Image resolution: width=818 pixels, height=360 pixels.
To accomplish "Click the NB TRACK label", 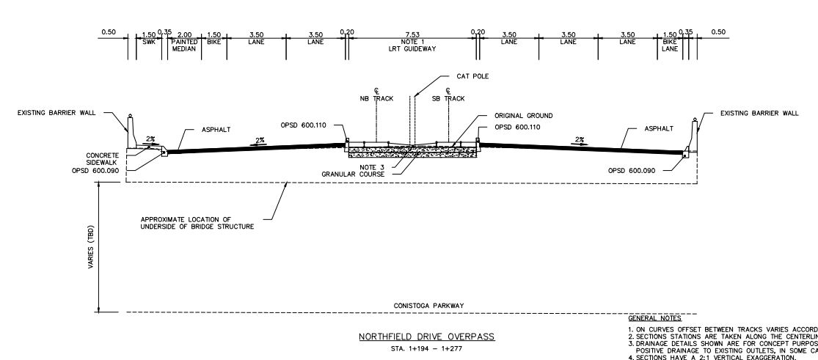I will pyautogui.click(x=374, y=97).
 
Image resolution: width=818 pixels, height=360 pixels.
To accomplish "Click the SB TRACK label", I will pyautogui.click(x=448, y=97).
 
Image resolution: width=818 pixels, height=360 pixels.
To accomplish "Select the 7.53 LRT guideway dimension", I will pyautogui.click(x=412, y=34).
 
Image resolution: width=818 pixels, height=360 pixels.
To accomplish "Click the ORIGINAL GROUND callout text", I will pyautogui.click(x=524, y=116).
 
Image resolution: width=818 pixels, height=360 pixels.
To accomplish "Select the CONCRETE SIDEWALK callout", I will pyautogui.click(x=102, y=160).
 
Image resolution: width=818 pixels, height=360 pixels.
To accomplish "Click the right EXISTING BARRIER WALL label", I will pyautogui.click(x=759, y=113).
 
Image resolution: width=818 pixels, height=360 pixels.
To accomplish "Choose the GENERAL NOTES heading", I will pyautogui.click(x=654, y=319).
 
